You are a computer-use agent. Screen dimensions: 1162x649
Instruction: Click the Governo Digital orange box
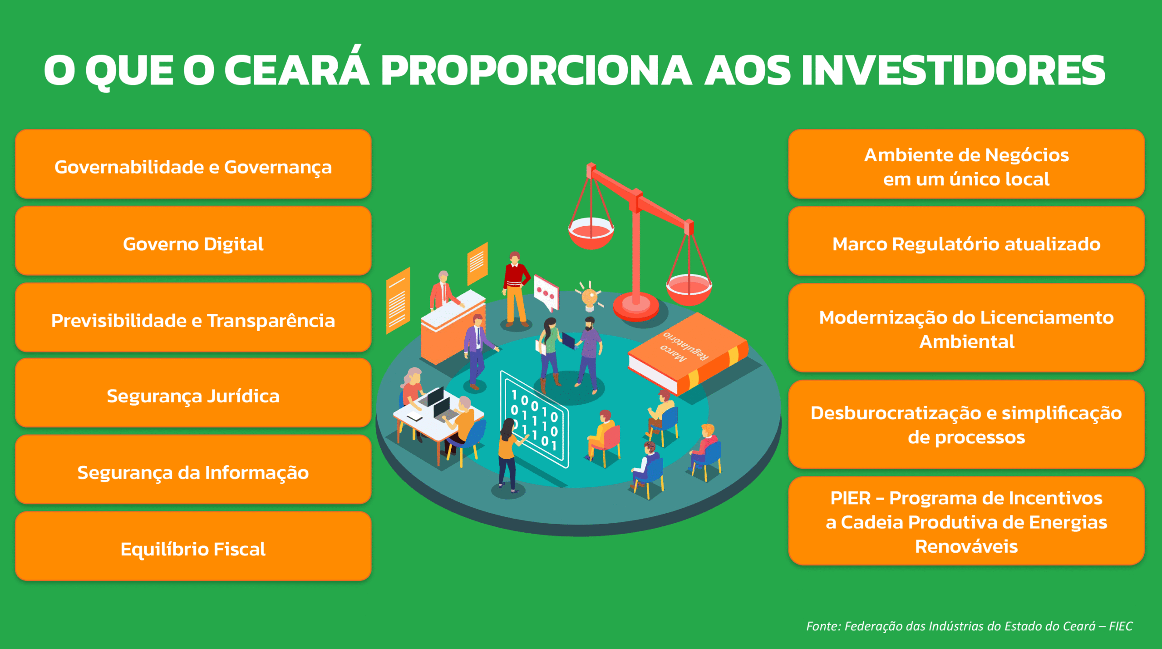click(x=193, y=241)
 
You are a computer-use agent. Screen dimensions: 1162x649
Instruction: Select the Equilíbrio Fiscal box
click(x=193, y=546)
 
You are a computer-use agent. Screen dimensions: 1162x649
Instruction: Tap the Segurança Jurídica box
click(x=193, y=393)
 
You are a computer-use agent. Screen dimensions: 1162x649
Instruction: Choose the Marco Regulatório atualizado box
click(x=966, y=241)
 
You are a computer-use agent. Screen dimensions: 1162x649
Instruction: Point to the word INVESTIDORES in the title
click(x=954, y=70)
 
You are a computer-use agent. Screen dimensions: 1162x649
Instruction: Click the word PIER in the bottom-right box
click(x=850, y=498)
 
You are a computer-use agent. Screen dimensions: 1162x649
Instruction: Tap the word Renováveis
click(x=966, y=546)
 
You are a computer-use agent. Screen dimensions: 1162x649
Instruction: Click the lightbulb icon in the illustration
click(x=590, y=297)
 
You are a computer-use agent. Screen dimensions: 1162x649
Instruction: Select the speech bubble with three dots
click(x=546, y=292)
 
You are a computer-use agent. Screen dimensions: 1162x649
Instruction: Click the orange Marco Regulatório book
click(x=688, y=352)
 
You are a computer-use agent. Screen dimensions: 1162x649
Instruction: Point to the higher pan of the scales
click(x=591, y=233)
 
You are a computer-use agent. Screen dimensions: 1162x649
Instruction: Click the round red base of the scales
click(x=636, y=307)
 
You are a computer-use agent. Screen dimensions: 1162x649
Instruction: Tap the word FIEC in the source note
click(x=1121, y=626)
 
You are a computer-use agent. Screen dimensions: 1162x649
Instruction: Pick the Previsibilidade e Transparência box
click(x=193, y=317)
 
